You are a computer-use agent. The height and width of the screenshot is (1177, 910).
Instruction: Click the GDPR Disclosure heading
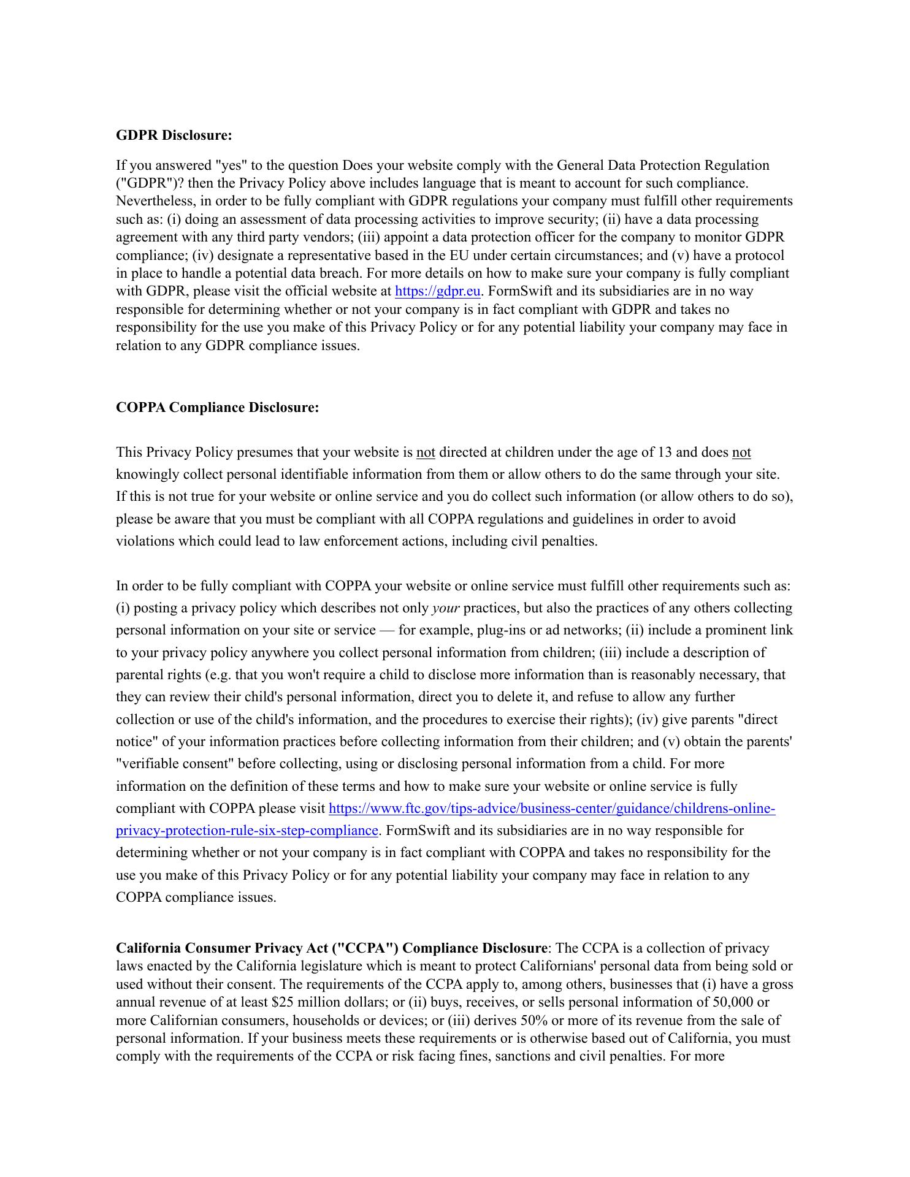click(174, 135)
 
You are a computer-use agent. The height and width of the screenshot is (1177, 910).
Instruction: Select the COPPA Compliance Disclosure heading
click(217, 408)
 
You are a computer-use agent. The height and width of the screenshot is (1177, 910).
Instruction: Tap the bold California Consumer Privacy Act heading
click(331, 948)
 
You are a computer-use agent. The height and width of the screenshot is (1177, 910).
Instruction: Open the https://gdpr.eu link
click(437, 291)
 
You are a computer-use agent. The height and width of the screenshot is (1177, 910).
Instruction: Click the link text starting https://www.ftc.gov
click(552, 809)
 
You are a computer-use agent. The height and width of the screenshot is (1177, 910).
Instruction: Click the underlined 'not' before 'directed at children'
click(426, 452)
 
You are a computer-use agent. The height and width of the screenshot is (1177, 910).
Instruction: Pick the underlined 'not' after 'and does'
click(741, 452)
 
